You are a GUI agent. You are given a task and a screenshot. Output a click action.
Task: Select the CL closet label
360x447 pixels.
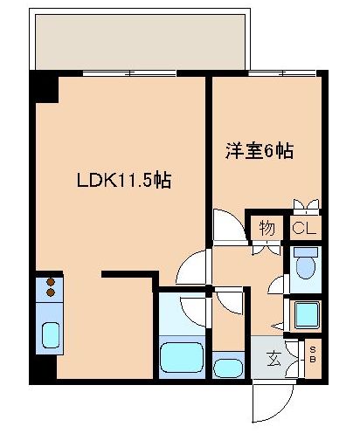click(304, 230)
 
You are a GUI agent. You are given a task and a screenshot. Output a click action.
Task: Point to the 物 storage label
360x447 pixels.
click(267, 230)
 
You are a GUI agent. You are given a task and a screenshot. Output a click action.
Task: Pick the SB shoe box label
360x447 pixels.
click(314, 355)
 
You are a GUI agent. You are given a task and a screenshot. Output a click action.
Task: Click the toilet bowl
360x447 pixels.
click(305, 264)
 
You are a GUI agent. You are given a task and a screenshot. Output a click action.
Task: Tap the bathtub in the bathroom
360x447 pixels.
click(183, 359)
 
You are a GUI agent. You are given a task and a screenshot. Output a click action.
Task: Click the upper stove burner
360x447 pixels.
click(50, 282)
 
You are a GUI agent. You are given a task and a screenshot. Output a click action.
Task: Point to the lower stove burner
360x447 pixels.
click(50, 293)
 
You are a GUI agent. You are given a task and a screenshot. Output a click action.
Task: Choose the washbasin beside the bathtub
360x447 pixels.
click(229, 364)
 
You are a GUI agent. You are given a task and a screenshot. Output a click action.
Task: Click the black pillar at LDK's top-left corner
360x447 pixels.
click(45, 88)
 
